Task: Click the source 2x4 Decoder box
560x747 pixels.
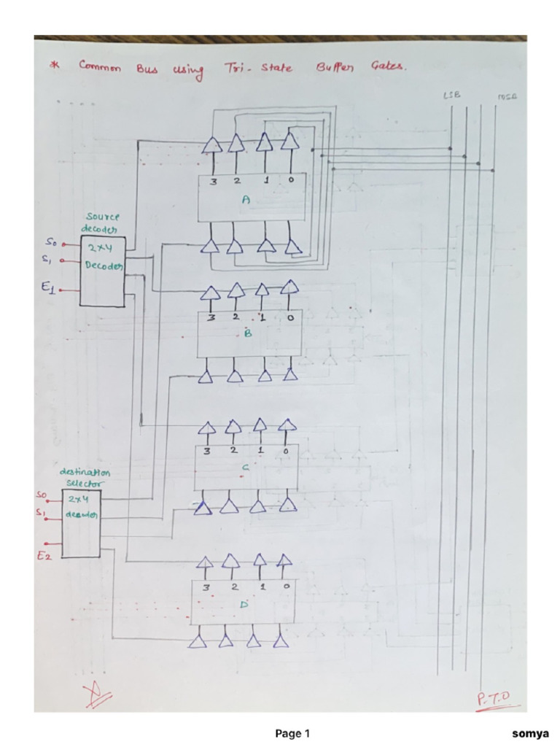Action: [102, 271]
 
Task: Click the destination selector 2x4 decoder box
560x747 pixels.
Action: [80, 524]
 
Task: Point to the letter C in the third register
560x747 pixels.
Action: [245, 468]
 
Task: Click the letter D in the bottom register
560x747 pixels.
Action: [244, 604]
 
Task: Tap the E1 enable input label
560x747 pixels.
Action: [47, 288]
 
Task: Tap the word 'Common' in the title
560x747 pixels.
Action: [100, 66]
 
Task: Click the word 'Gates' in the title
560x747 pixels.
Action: [388, 66]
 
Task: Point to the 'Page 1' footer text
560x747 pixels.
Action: [292, 733]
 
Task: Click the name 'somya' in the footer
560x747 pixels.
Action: [530, 733]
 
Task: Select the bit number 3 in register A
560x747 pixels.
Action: [213, 182]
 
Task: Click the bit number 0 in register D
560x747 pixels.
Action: [287, 586]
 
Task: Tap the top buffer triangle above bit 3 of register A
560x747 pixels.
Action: [211, 144]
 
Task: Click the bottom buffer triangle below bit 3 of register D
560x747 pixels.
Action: [197, 640]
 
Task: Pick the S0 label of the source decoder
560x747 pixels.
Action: [50, 241]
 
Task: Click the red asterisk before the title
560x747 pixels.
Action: [54, 66]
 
